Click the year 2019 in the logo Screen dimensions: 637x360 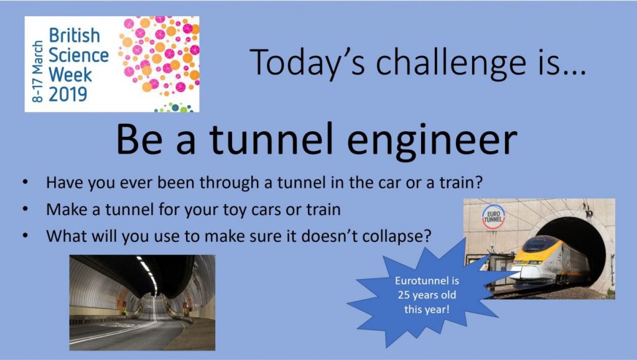pos(68,93)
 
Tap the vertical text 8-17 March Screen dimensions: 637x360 pos(37,71)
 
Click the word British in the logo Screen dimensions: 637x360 pos(75,35)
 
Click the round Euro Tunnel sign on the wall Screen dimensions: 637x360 pos(493,217)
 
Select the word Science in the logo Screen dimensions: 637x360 pos(79,55)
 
